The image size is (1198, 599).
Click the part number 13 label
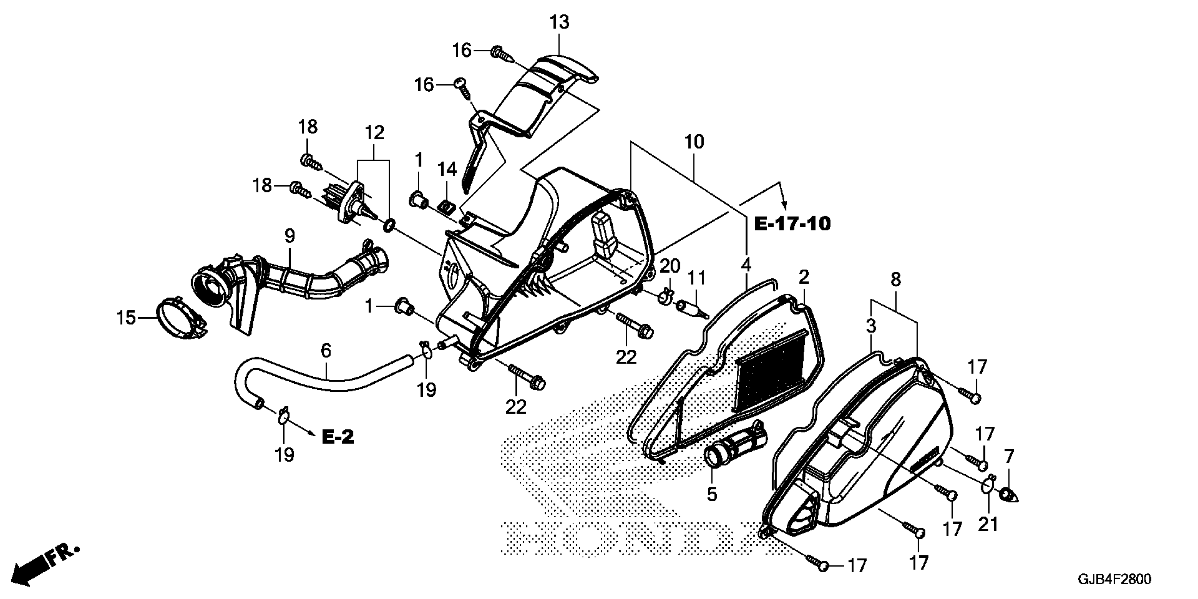pos(560,22)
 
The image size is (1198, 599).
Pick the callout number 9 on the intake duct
pos(289,236)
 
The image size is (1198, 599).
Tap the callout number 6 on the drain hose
pos(326,351)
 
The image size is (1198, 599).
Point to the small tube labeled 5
pos(735,441)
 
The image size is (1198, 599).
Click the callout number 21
pos(988,524)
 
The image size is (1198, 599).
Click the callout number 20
pos(670,266)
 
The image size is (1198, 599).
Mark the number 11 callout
pos(696,278)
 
